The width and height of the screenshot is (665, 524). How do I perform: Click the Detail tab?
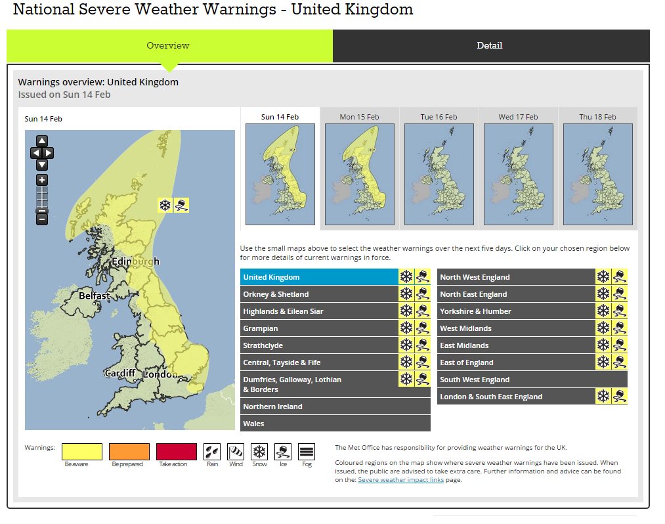click(490, 46)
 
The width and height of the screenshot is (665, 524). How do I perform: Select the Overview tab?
click(168, 46)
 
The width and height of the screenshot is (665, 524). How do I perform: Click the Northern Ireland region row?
click(335, 406)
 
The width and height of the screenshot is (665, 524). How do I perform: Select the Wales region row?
click(335, 424)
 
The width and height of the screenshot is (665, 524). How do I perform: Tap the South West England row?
click(532, 380)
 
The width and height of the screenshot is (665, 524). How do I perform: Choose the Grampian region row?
click(319, 328)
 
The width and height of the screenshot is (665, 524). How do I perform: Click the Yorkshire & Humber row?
click(516, 311)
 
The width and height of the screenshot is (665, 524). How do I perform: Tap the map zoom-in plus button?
click(42, 180)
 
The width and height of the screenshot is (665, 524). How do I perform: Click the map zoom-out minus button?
click(42, 219)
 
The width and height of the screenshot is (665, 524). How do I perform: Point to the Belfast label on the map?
click(95, 296)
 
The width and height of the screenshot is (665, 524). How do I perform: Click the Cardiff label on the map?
click(120, 374)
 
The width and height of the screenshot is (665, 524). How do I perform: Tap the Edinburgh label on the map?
click(135, 261)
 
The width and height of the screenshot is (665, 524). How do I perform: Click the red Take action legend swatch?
click(176, 452)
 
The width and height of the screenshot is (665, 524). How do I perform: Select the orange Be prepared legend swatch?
click(129, 452)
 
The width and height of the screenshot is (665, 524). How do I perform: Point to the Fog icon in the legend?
click(306, 452)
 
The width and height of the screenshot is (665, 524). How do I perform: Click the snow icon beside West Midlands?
click(603, 328)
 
